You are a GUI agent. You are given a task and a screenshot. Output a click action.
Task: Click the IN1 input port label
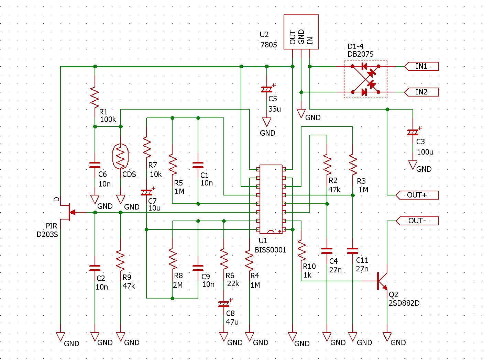(421, 66)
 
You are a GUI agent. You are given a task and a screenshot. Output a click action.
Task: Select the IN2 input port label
(421, 92)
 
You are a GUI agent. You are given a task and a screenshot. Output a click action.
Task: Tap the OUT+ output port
(417, 195)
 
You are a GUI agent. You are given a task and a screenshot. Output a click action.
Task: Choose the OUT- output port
(417, 221)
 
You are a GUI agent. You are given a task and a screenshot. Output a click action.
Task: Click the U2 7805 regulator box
(301, 32)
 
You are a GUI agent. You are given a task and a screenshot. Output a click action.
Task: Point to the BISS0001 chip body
(271, 199)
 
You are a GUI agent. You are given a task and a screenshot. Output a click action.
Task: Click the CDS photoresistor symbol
(120, 156)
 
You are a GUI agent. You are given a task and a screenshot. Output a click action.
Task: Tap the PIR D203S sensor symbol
(70, 212)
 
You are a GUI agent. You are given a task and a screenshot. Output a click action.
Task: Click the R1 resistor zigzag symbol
(95, 97)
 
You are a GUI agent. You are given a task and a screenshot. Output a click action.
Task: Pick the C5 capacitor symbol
(267, 89)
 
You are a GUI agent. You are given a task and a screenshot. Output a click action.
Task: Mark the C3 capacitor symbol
(413, 132)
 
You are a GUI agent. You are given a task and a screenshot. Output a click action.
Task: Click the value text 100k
(108, 120)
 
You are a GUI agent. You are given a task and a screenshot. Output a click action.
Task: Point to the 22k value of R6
(233, 284)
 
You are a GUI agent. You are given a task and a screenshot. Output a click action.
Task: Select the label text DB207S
(361, 54)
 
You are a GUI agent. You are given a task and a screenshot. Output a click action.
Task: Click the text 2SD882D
(404, 303)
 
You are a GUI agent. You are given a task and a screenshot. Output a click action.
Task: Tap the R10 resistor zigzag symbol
(301, 250)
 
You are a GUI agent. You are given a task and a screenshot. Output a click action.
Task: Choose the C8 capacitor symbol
(224, 304)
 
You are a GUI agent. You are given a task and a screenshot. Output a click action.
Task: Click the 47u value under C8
(232, 322)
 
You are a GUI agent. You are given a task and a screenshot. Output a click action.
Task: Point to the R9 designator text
(127, 277)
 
